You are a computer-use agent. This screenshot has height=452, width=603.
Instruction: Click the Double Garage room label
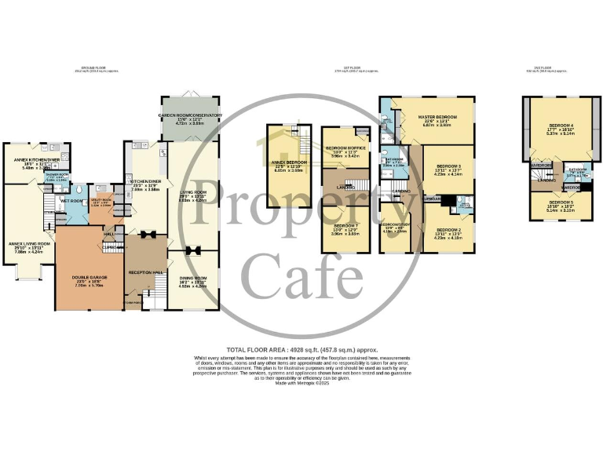90,277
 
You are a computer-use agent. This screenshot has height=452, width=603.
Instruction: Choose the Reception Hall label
145,272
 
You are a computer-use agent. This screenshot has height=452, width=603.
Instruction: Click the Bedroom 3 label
448,166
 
